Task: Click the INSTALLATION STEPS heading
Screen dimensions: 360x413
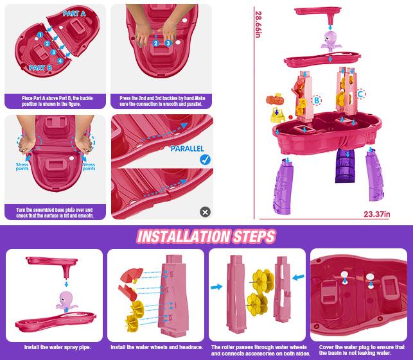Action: tap(206, 236)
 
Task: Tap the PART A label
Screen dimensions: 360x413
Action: tap(75, 13)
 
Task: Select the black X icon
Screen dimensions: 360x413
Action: tap(205, 211)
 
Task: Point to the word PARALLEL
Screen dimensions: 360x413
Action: tap(187, 148)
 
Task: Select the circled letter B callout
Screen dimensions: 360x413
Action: tap(316, 100)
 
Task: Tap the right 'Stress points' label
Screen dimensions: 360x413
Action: tap(89, 167)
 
